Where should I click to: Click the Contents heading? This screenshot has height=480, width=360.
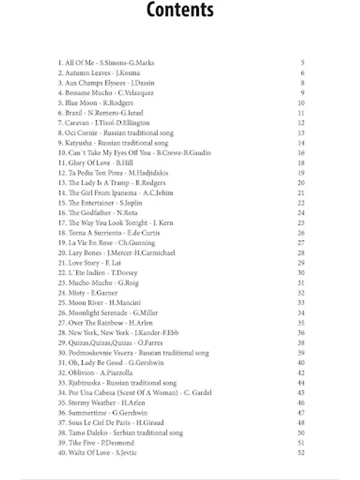(x=180, y=10)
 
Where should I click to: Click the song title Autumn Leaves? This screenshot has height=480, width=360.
(x=87, y=73)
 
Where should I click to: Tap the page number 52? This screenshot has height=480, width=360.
(x=301, y=453)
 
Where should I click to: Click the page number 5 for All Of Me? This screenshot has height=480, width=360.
(x=302, y=63)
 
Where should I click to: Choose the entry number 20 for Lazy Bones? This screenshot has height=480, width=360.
(x=62, y=253)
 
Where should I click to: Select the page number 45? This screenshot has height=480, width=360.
(x=301, y=393)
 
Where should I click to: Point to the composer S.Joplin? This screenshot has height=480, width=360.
(x=131, y=203)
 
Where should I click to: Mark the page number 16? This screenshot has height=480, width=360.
(x=301, y=153)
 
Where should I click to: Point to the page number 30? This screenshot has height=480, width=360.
(x=301, y=273)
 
